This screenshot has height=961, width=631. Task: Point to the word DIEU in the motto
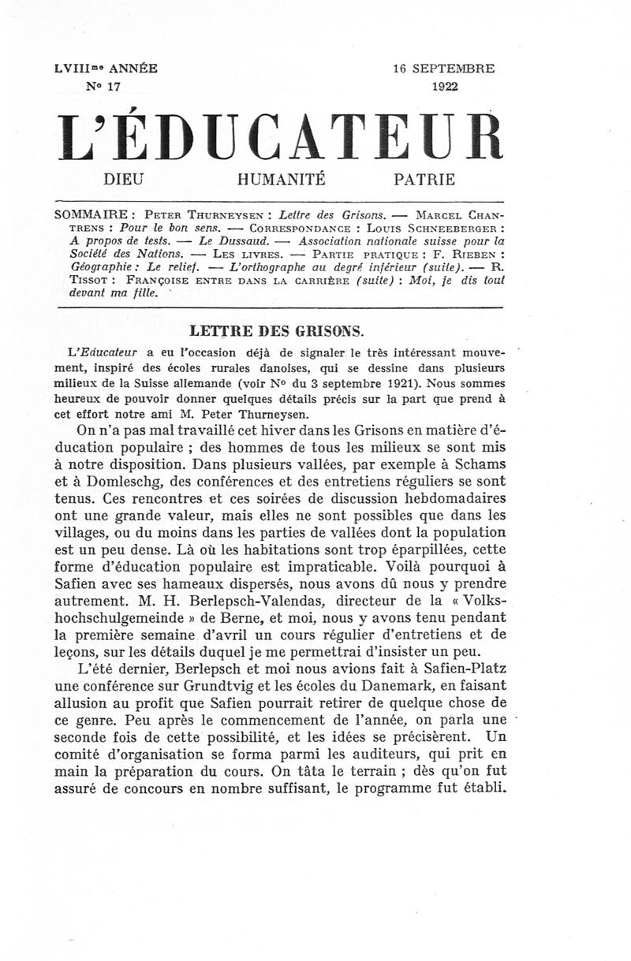tap(127, 179)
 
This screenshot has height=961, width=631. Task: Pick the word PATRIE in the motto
tap(424, 179)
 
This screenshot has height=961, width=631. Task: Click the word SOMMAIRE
tap(88, 214)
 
